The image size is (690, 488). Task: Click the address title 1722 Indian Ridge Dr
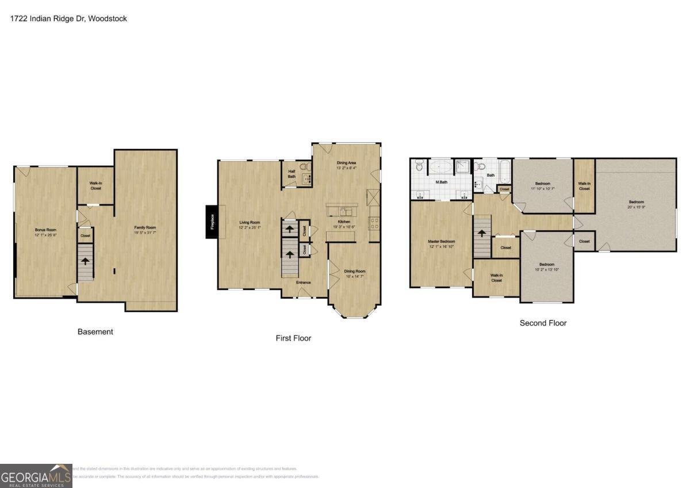coord(68,18)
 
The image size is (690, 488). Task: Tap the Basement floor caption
coord(95,331)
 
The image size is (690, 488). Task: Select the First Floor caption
coord(293,338)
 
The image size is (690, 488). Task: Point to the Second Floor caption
coord(543,323)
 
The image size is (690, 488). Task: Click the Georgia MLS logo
coord(36,476)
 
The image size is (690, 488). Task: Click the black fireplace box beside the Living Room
coord(212,222)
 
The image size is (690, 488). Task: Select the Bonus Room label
coord(44,230)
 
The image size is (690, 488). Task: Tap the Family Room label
coord(145,227)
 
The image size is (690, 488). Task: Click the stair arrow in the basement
coord(85,261)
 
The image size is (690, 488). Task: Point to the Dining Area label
coord(346,163)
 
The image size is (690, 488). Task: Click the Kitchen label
coord(344,222)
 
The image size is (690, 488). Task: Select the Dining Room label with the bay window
coord(354,270)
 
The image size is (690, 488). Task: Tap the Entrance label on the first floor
coord(303,282)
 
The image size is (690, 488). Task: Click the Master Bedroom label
coord(441,241)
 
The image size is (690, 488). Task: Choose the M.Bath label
coord(442,182)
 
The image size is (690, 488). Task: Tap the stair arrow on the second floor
coord(482,233)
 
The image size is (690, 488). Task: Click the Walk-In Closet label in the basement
coord(95,185)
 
